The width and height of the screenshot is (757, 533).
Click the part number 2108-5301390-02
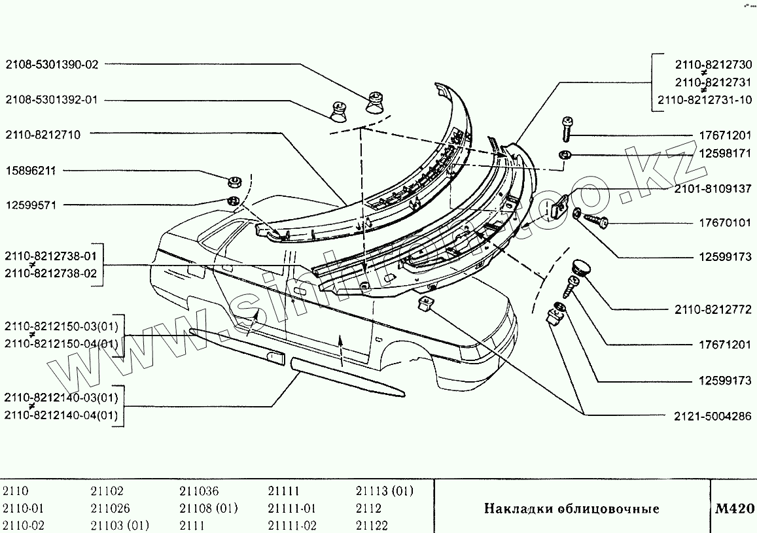pos(52,64)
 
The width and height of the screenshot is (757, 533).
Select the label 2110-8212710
pos(43,135)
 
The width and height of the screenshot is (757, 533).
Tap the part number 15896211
pos(31,171)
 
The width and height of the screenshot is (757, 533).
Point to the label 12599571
pos(31,205)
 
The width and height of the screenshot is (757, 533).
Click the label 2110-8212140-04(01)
pos(62,415)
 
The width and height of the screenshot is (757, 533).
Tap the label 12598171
pos(725,154)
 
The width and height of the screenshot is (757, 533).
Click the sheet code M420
pos(735,508)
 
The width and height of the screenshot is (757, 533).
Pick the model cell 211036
pos(200,491)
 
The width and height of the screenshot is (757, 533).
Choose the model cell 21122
pos(372,525)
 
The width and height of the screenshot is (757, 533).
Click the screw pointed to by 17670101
pos(596,221)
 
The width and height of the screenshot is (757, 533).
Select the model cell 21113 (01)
pos(385,491)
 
